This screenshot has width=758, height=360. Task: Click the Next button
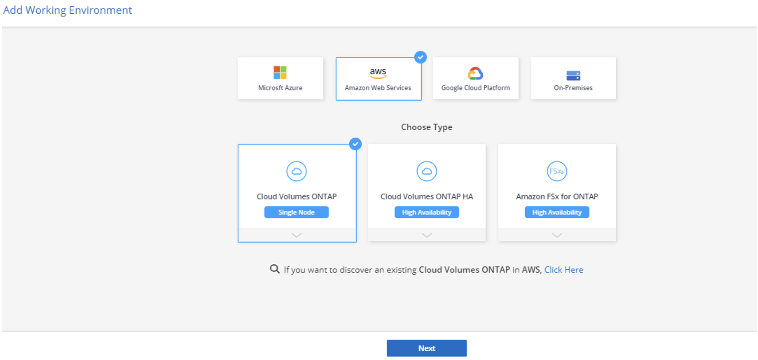(426, 348)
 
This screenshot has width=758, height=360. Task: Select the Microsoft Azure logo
(280, 72)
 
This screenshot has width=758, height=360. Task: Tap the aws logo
(378, 73)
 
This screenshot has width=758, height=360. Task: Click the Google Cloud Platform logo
(476, 74)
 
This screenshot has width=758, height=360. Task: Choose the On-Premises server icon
(573, 75)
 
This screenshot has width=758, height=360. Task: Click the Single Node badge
(297, 212)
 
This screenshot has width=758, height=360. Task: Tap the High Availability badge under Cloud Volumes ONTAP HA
(427, 212)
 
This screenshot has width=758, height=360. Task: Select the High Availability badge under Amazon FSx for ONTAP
(557, 212)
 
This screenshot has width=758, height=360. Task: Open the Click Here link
(564, 270)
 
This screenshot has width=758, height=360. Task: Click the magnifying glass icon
(274, 269)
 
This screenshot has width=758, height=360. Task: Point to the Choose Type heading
(427, 127)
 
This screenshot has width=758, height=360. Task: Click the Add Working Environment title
(68, 10)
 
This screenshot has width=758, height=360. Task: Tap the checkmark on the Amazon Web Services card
(420, 58)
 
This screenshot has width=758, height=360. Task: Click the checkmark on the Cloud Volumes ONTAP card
(356, 144)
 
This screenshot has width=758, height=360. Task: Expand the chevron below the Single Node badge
(297, 235)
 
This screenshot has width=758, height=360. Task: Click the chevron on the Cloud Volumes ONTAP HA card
(427, 235)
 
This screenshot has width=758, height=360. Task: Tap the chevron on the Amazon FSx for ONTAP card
(557, 235)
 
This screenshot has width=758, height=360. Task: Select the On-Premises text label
(573, 88)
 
